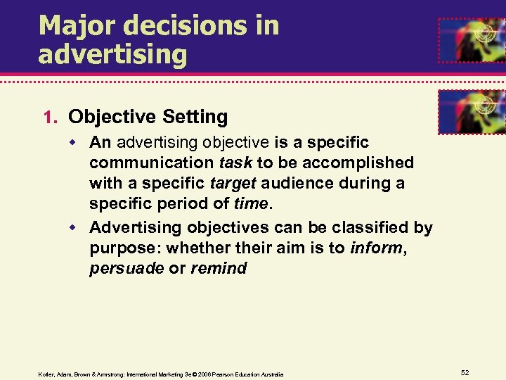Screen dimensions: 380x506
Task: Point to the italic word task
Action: coord(236,163)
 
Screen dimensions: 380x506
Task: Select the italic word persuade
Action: coord(126,269)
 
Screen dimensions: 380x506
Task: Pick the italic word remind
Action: coord(218,269)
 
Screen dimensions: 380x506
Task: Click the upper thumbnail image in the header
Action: coord(471,40)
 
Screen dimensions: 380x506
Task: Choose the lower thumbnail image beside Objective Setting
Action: coord(471,112)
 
